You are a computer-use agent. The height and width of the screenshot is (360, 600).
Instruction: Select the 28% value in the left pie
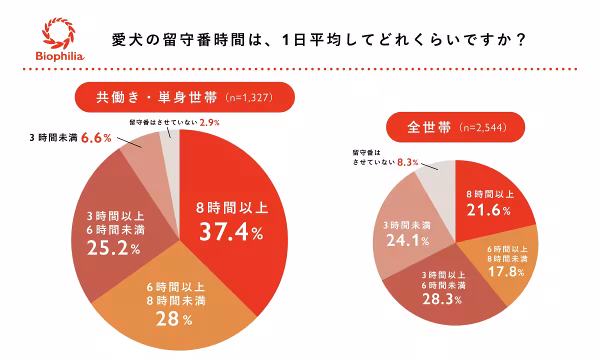click(x=167, y=318)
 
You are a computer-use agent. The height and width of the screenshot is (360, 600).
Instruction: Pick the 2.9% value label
click(x=210, y=122)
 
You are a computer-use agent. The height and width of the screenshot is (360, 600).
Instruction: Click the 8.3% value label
click(x=406, y=162)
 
